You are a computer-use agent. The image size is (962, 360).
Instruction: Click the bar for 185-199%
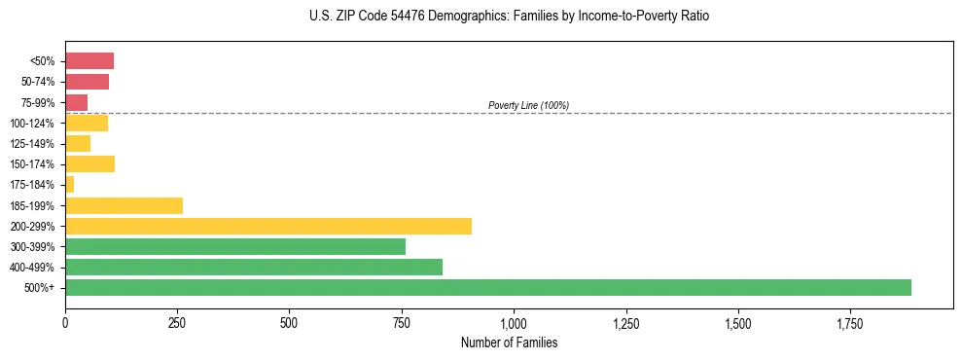tap(124, 205)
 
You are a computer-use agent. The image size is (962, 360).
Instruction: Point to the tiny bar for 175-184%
tap(70, 184)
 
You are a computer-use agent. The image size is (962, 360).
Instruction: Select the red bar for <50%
tap(89, 61)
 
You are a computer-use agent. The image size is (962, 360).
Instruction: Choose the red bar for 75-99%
tap(77, 102)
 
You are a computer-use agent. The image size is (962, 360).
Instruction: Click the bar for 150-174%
tap(89, 163)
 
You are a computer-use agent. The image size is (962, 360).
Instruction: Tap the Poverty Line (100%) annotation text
tap(528, 105)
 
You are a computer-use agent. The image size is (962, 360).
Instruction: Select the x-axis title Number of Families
tap(509, 342)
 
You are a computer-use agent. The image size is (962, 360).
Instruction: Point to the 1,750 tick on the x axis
tap(849, 322)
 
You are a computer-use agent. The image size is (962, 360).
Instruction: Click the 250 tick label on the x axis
tap(177, 322)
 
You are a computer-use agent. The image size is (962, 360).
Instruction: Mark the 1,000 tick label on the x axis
tap(514, 322)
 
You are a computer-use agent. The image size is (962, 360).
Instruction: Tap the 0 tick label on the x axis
tap(65, 322)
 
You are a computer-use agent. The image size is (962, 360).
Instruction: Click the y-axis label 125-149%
tap(32, 144)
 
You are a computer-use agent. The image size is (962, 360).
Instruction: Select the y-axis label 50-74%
tap(36, 82)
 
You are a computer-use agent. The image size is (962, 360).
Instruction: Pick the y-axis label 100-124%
tap(32, 124)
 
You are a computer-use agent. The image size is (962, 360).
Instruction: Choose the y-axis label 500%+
tap(40, 288)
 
